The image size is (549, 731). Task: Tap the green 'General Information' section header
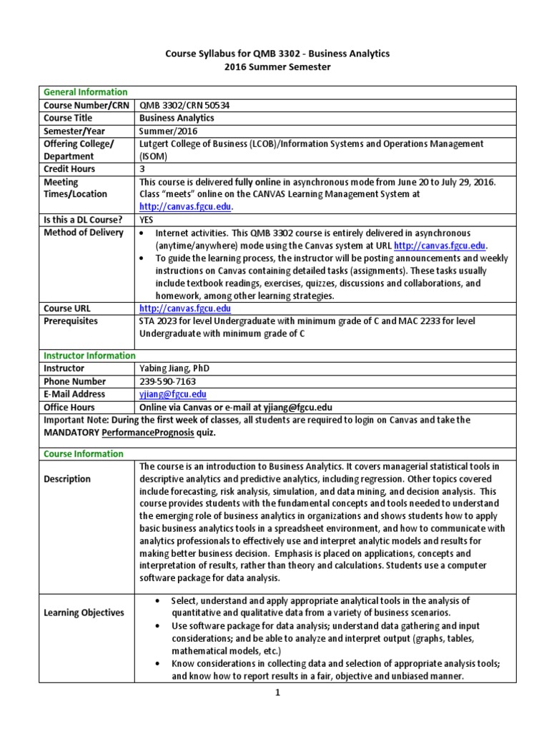tap(86, 92)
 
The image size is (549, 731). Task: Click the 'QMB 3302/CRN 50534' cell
tap(184, 105)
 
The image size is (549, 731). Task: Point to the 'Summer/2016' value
tap(164, 131)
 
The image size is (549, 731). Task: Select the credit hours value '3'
tap(142, 169)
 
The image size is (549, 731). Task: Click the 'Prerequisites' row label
tap(71, 321)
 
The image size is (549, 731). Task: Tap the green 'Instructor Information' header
tap(89, 356)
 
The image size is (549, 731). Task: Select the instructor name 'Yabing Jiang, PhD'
tap(174, 368)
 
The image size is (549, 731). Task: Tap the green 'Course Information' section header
tap(84, 453)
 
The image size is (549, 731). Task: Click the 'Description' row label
tap(67, 479)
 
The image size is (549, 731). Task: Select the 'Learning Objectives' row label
tap(84, 612)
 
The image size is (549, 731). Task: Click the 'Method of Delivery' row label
tap(83, 233)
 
